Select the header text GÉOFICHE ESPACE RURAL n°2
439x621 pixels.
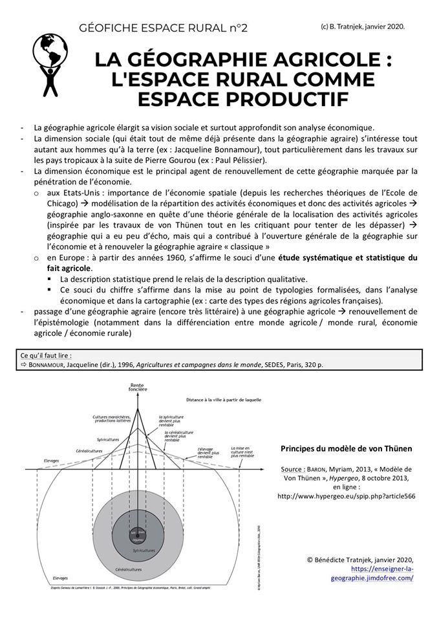pyautogui.click(x=163, y=28)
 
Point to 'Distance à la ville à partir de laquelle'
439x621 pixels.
pyautogui.click(x=224, y=400)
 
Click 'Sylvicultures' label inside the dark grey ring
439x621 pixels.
pyautogui.click(x=144, y=550)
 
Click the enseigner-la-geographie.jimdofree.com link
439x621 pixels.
pyautogui.click(x=382, y=573)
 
